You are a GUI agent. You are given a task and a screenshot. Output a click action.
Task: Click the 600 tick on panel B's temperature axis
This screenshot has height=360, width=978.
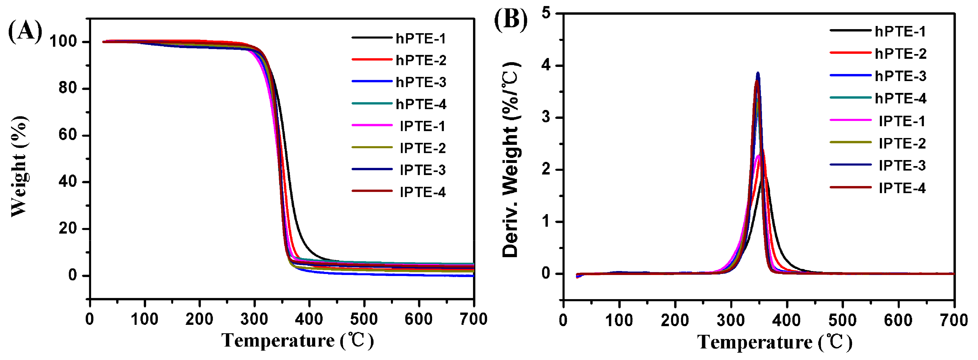(x=898, y=320)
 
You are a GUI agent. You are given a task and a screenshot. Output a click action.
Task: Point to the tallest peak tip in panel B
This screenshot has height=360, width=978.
(x=758, y=72)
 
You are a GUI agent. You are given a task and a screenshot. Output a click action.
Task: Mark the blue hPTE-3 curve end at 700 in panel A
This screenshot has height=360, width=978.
(x=473, y=276)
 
